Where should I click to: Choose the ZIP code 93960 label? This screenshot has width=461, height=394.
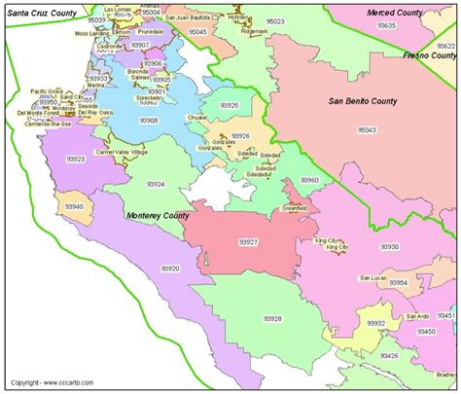pyautogui.click(x=307, y=181)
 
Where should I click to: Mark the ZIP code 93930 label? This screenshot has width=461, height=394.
pyautogui.click(x=390, y=247)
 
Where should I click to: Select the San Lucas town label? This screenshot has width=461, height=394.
pyautogui.click(x=372, y=278)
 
